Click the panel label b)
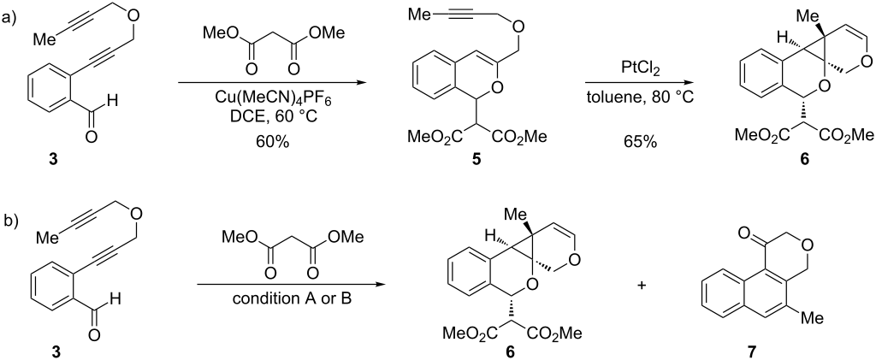coord(10,221)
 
